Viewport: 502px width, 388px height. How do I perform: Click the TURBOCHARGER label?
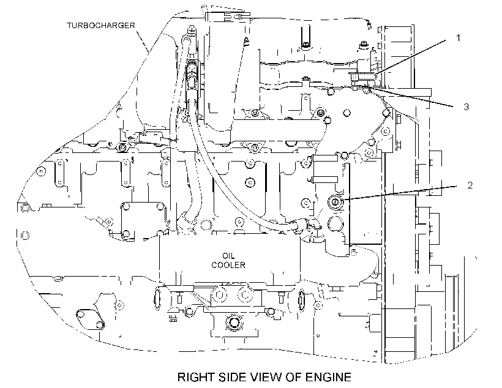101,25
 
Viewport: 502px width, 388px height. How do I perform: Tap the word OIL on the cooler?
228,256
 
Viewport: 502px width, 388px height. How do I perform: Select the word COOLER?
228,265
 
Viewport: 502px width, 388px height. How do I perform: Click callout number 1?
458,38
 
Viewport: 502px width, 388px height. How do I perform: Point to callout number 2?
470,185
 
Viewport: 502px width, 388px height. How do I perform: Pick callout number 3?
466,106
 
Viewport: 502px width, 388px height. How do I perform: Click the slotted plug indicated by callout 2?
335,201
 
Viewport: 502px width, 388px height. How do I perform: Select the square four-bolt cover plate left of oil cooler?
143,221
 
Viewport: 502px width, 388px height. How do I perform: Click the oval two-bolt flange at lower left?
90,319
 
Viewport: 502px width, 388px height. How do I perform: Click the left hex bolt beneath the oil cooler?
219,294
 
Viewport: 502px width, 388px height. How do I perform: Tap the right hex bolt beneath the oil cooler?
245,294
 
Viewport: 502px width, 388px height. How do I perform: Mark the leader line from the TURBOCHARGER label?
143,41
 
